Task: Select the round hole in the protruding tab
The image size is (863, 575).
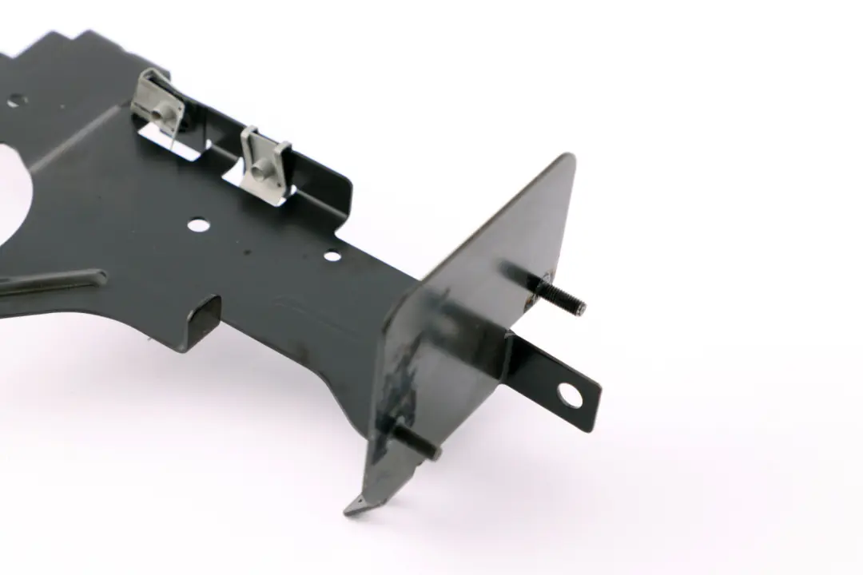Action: (571, 393)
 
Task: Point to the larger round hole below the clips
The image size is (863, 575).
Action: (198, 225)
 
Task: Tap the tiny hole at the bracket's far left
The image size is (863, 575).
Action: (14, 101)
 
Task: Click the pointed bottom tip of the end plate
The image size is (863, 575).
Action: (352, 508)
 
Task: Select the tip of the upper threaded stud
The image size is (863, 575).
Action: (582, 308)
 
